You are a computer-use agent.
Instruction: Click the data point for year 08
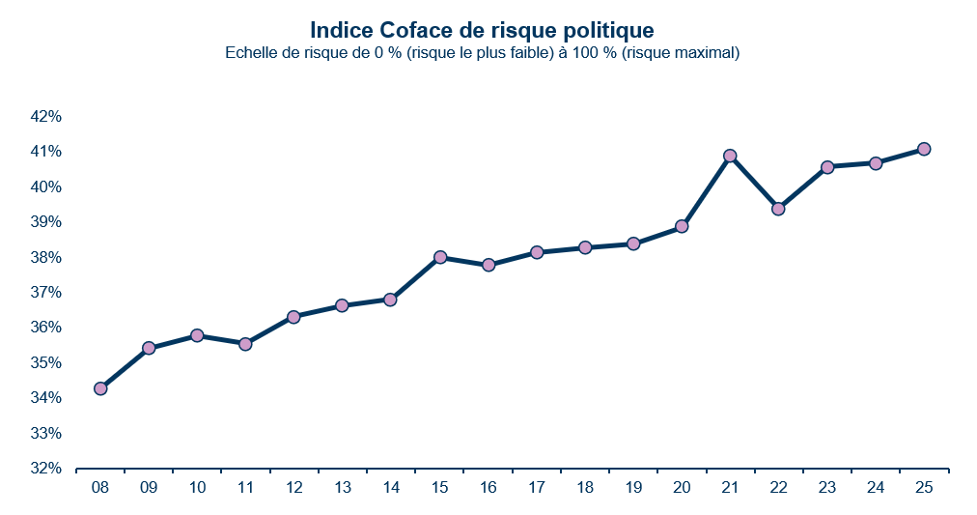[x=100, y=388]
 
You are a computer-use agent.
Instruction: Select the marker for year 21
[x=730, y=156]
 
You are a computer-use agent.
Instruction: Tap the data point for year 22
[x=778, y=209]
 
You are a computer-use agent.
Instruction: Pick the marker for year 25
[x=924, y=149]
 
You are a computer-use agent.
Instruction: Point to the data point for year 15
[x=440, y=257]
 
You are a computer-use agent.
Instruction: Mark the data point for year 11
[x=245, y=344]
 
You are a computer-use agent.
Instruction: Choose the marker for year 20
[x=682, y=226]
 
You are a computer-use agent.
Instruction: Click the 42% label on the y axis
[x=46, y=117]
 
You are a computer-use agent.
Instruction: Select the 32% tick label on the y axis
[x=46, y=469]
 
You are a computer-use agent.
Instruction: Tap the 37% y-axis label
[x=46, y=293]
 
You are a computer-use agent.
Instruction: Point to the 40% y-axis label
[x=46, y=187]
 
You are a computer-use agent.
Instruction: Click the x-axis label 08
[x=100, y=489]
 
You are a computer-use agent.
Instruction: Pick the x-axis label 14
[x=391, y=489]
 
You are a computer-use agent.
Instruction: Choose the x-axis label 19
[x=633, y=489]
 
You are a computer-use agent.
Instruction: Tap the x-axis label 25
[x=924, y=489]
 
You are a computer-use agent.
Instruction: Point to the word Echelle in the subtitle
[x=250, y=53]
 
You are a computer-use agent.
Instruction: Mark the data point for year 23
[x=827, y=167]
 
